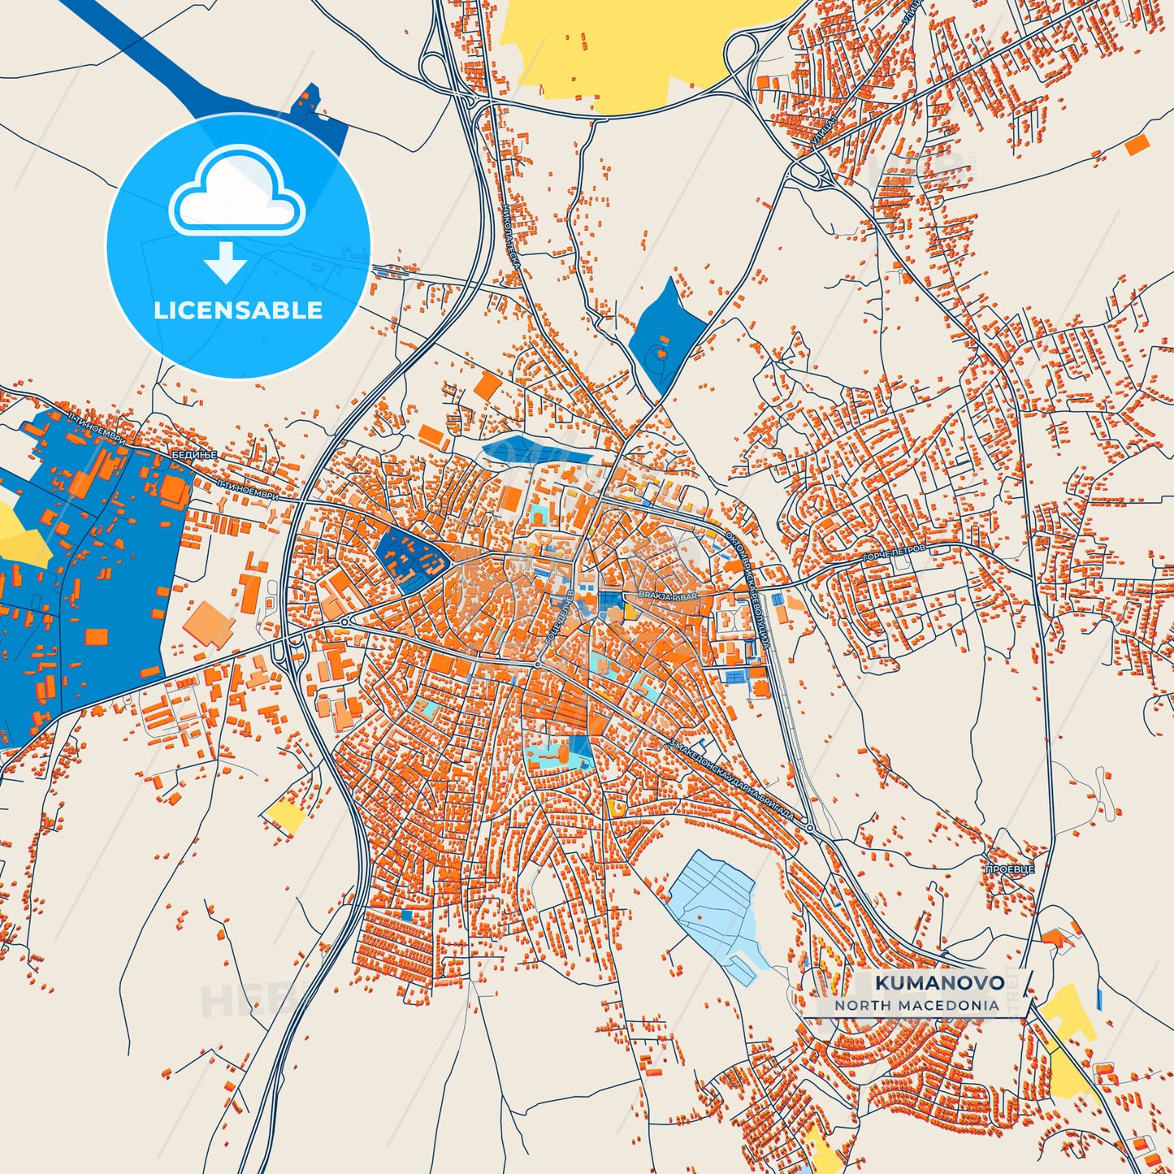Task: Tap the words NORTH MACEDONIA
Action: coord(916,1005)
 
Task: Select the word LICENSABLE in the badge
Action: coord(238,310)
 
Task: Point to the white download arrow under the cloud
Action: coord(226,262)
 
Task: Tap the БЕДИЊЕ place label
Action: coord(194,455)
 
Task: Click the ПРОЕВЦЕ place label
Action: coord(1010,869)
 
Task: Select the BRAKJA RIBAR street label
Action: coord(668,596)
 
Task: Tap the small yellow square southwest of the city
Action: coord(285,815)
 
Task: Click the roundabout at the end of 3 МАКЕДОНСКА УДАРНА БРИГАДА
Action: coord(810,828)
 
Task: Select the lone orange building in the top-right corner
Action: coord(1137,145)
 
